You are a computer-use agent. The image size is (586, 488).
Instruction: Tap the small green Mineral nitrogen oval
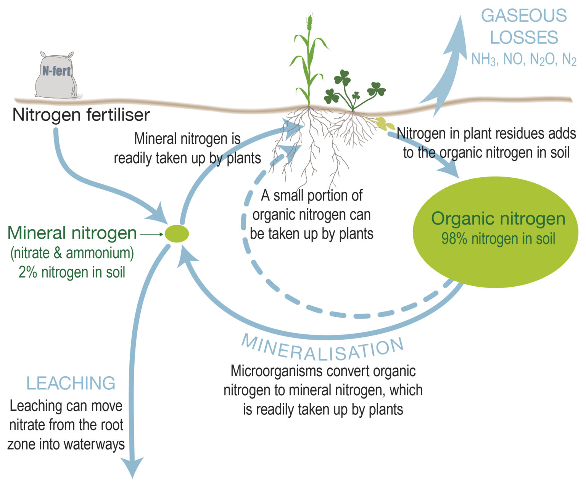177,233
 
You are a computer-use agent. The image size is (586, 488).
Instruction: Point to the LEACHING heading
71,383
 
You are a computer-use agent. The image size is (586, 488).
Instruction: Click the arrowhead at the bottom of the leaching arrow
132,467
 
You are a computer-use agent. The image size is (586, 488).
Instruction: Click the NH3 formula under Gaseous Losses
484,59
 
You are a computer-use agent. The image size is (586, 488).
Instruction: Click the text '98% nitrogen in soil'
498,239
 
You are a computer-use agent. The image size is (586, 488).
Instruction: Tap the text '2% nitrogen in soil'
72,272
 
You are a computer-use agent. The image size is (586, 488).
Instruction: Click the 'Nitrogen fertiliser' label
81,115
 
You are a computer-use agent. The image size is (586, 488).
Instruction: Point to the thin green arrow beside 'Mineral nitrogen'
151,234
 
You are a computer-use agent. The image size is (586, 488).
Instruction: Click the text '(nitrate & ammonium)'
72,253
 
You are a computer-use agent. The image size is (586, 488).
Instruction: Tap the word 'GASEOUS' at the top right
523,16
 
